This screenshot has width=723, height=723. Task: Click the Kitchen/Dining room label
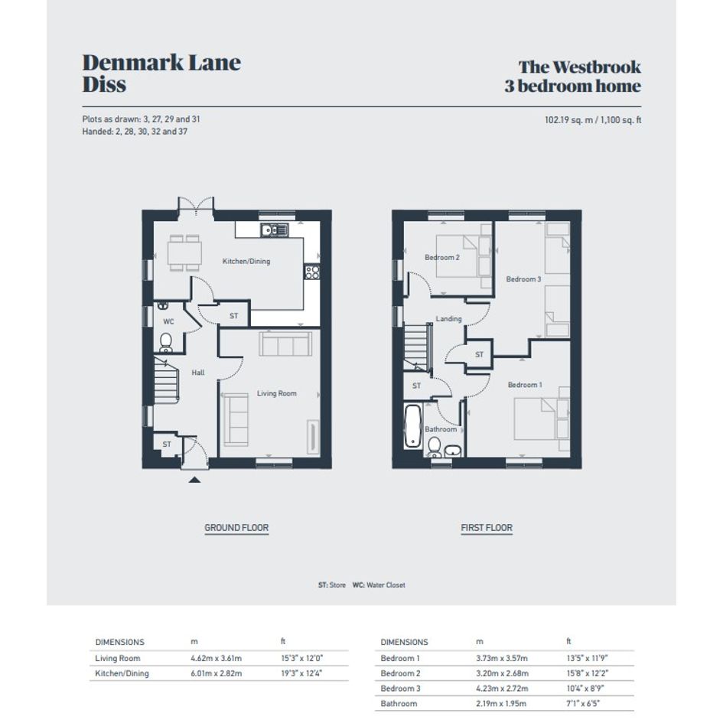click(x=246, y=261)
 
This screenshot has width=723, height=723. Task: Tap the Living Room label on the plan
click(x=277, y=393)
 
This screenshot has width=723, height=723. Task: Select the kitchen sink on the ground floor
click(x=275, y=230)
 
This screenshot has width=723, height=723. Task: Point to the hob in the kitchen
click(x=312, y=272)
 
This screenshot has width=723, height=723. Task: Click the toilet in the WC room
click(x=165, y=342)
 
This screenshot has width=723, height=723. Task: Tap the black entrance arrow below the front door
click(x=194, y=480)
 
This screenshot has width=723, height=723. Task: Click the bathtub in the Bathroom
click(x=412, y=426)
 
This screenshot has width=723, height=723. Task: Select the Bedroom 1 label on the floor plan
click(x=525, y=385)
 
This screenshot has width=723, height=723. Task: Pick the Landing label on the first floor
click(x=448, y=318)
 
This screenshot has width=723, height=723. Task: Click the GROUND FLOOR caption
click(x=236, y=527)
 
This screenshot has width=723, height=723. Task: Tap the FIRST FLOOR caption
click(x=487, y=527)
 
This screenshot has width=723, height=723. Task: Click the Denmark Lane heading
click(x=161, y=63)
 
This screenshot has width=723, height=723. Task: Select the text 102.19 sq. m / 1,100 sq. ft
click(x=593, y=120)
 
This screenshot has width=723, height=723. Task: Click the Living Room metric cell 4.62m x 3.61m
click(x=217, y=658)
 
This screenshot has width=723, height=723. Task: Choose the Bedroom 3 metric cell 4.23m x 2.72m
click(x=502, y=689)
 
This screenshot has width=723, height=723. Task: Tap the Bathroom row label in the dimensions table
click(x=399, y=704)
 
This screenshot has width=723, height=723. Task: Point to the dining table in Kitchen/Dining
click(x=184, y=252)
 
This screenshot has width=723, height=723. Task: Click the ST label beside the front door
click(x=167, y=444)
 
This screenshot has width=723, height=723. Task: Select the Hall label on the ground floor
click(x=198, y=373)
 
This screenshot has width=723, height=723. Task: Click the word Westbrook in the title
click(x=597, y=67)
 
